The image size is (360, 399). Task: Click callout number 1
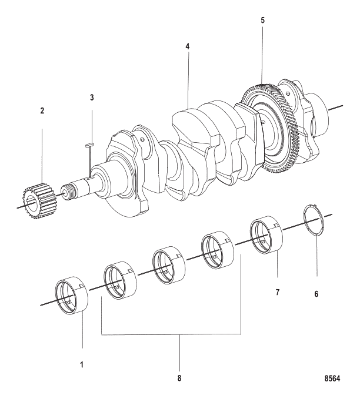pyautogui.click(x=82, y=364)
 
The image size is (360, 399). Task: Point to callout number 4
pyautogui.click(x=187, y=45)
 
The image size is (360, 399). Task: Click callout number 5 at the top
pyautogui.click(x=263, y=20)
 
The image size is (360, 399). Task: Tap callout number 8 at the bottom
pyautogui.click(x=180, y=378)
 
